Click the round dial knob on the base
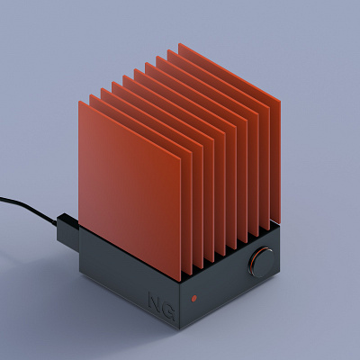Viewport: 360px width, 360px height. coord(262,262)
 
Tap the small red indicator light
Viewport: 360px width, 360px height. coord(193,298)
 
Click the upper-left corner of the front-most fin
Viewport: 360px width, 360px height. coord(79,101)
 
